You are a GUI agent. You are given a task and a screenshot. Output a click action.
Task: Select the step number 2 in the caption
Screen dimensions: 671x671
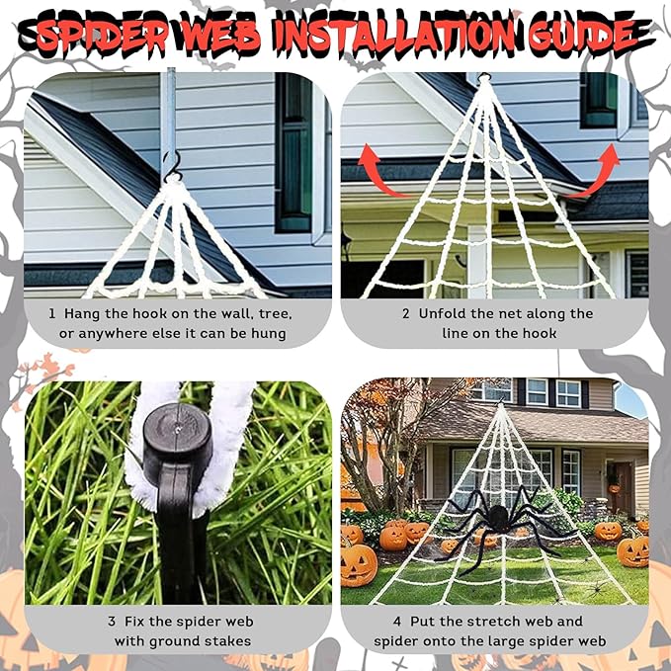(x=405, y=313)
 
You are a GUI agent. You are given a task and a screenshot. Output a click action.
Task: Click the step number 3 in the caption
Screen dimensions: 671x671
(x=112, y=622)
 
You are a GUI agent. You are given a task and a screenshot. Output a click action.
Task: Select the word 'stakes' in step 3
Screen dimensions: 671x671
(x=227, y=642)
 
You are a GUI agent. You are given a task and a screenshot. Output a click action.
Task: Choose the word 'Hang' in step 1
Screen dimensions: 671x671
(x=82, y=313)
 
